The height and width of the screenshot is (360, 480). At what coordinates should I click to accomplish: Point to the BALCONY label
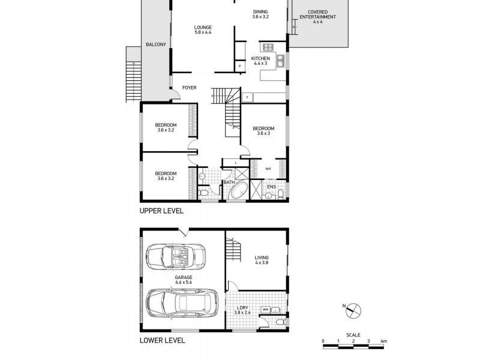click(x=156, y=44)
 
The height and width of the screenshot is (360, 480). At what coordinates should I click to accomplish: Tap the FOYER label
click(x=189, y=88)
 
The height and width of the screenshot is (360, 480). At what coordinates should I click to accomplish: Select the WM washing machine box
click(x=265, y=310)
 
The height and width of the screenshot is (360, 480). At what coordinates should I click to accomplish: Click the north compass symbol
click(x=354, y=309)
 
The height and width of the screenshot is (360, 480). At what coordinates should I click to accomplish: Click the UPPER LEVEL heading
click(x=161, y=211)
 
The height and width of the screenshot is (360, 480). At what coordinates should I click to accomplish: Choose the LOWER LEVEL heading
click(x=162, y=340)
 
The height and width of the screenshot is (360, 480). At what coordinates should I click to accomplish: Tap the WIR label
click(x=268, y=169)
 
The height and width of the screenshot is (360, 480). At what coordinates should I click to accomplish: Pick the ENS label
click(x=271, y=186)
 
